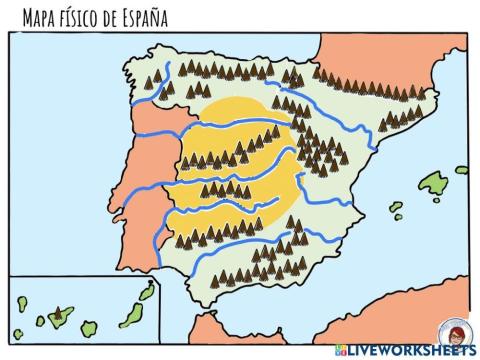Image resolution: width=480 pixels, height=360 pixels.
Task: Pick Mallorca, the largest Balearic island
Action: click(x=433, y=183)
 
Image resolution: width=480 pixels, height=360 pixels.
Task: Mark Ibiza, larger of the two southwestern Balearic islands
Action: click(x=397, y=212)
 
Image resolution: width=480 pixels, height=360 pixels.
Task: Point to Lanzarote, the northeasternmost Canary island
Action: click(x=148, y=292)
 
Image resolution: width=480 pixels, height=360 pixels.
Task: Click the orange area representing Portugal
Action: click(x=140, y=180)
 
